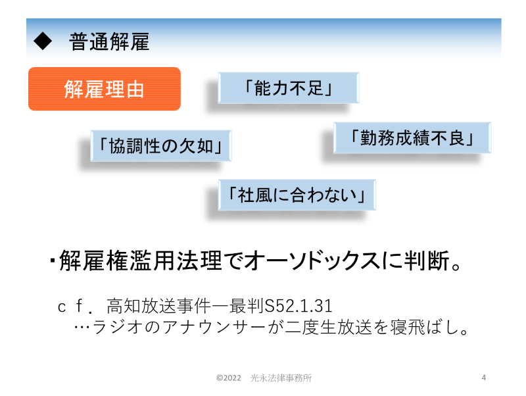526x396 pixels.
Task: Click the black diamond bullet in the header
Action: tap(43, 41)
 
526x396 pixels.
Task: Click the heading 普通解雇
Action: tap(109, 41)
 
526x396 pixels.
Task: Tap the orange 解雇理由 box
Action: tap(105, 89)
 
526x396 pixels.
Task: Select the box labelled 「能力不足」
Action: tap(289, 88)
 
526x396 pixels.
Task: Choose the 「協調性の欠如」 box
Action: tap(161, 146)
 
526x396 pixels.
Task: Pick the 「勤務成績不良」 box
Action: tap(412, 138)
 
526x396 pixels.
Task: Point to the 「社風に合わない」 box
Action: tap(297, 195)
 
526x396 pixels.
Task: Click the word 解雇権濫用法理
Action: tap(140, 260)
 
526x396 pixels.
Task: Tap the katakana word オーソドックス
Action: tap(313, 260)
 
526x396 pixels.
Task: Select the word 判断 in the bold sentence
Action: tap(427, 260)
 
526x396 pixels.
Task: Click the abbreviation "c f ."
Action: tap(75, 306)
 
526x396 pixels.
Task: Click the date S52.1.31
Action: tap(299, 306)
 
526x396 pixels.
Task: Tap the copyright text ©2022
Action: tap(229, 378)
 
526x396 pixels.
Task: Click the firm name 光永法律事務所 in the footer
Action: tap(281, 378)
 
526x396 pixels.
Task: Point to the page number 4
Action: tap(484, 378)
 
